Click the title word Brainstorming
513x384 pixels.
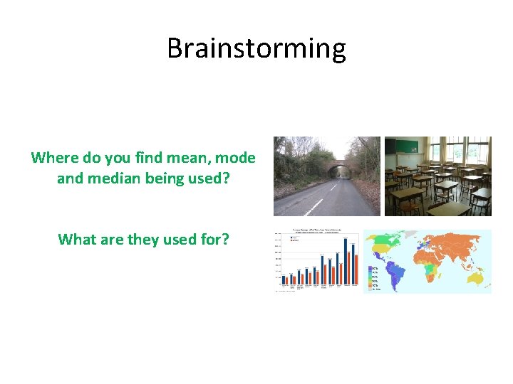[x=256, y=48]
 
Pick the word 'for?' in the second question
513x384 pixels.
[x=213, y=239]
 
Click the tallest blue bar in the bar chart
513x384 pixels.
[x=346, y=260]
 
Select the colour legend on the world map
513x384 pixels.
[x=375, y=280]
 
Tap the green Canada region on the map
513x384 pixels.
[x=381, y=242]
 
